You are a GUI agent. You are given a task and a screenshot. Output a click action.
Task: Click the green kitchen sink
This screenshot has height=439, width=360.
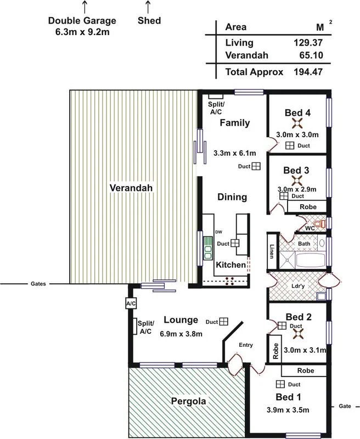pos(208,249)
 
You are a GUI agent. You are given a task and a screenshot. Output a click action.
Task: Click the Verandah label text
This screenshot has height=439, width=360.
pos(130,188)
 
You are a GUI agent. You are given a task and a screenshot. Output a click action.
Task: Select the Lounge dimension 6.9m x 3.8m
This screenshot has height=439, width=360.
pos(181,334)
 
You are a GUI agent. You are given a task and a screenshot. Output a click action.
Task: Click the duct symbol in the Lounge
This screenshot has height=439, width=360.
pos(224,322)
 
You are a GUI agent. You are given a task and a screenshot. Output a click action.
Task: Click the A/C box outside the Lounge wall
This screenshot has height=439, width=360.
pos(131,303)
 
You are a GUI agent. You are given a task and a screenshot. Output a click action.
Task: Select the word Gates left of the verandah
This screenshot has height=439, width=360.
pos(38,284)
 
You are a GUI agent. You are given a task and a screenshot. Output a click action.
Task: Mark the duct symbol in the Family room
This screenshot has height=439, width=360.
pos(256,167)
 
